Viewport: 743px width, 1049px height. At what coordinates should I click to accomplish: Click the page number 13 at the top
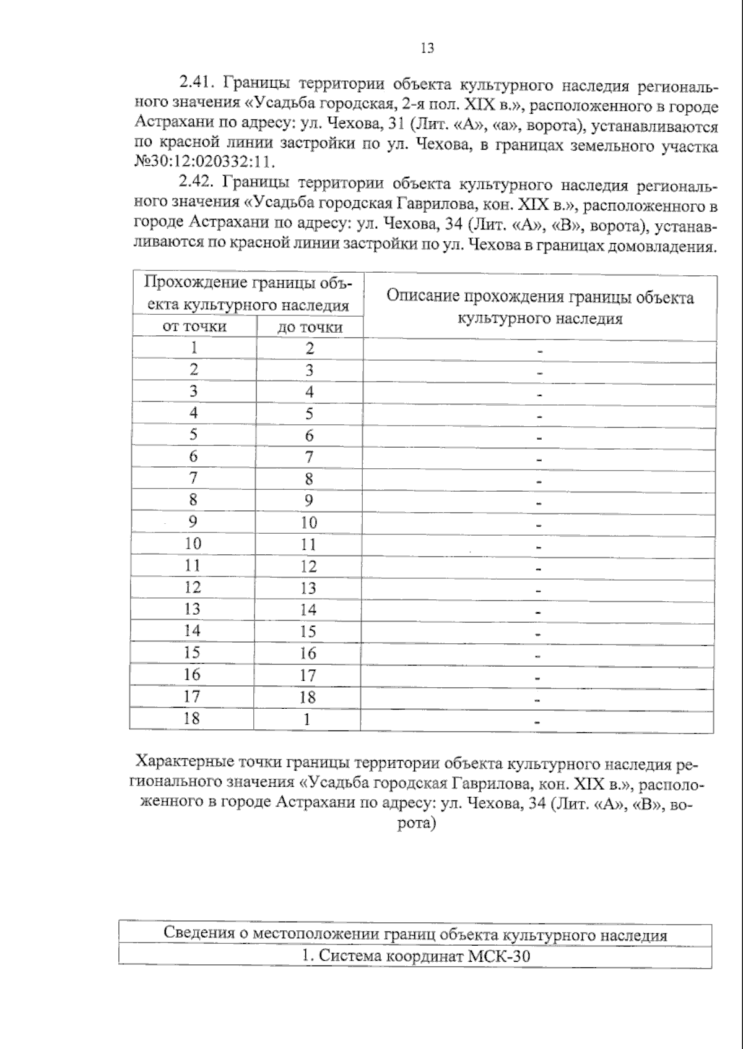pos(427,48)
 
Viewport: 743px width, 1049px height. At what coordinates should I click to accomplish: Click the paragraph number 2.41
pos(196,83)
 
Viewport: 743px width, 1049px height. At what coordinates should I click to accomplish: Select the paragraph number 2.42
pos(196,183)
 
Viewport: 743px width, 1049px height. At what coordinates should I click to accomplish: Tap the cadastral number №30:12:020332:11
pos(204,163)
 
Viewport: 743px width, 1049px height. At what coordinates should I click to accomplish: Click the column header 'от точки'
pos(194,326)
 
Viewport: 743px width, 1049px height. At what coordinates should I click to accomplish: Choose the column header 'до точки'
pos(310,327)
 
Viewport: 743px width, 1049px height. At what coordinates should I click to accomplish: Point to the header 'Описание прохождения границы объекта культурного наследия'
pos(540,307)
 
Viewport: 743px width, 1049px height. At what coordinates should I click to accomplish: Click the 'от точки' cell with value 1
pos(194,348)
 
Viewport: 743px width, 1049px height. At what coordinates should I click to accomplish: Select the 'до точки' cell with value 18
pos(308,697)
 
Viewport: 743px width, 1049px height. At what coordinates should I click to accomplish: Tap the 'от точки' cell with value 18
pos(192,718)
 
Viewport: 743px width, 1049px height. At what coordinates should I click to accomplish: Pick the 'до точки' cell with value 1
pos(307,719)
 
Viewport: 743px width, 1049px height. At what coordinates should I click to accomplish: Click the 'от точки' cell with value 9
pos(193,521)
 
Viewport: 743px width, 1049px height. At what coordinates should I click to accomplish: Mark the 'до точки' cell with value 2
pos(310,348)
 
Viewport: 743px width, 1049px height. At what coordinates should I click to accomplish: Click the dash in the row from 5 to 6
pos(539,438)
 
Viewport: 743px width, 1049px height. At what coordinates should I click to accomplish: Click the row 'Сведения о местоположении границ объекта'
pos(415,934)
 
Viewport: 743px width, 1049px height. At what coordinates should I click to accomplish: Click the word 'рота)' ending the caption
pos(416,824)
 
